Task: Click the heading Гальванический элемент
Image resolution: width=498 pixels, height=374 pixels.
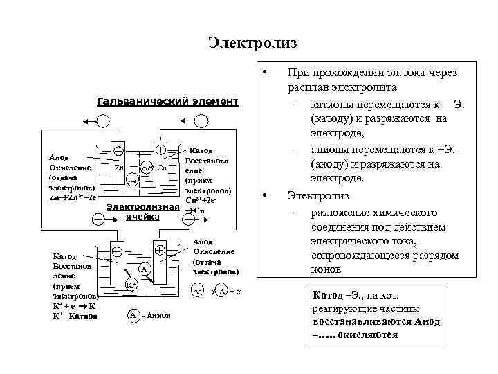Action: pos(167,102)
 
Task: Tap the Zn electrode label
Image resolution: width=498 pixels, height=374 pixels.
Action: pos(119,168)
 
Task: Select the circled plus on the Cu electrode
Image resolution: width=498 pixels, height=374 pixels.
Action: pos(160,149)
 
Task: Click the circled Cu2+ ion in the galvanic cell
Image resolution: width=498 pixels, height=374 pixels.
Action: pos(146,168)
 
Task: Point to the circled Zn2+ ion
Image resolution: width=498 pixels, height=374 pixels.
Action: pos(131,182)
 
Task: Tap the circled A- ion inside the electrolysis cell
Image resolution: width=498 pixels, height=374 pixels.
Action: pos(145,268)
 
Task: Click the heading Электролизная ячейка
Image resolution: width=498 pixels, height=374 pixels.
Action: pos(142,213)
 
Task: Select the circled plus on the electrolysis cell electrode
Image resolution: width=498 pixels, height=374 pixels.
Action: pos(160,250)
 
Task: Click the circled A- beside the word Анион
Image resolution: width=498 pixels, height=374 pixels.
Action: pos(134,316)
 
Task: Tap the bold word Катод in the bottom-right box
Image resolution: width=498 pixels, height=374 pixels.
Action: pos(329,296)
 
